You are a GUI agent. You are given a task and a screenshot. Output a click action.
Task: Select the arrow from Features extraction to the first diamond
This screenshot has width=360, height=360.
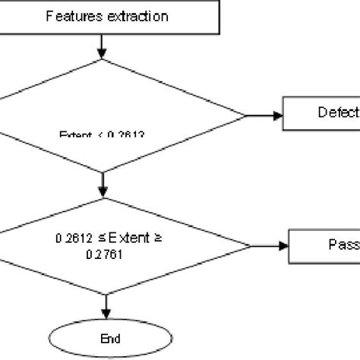click(x=102, y=46)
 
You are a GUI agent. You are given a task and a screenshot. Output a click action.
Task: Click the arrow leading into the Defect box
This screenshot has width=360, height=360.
click(x=264, y=115)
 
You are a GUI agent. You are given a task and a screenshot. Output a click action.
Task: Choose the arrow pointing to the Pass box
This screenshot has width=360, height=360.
click(x=270, y=245)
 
